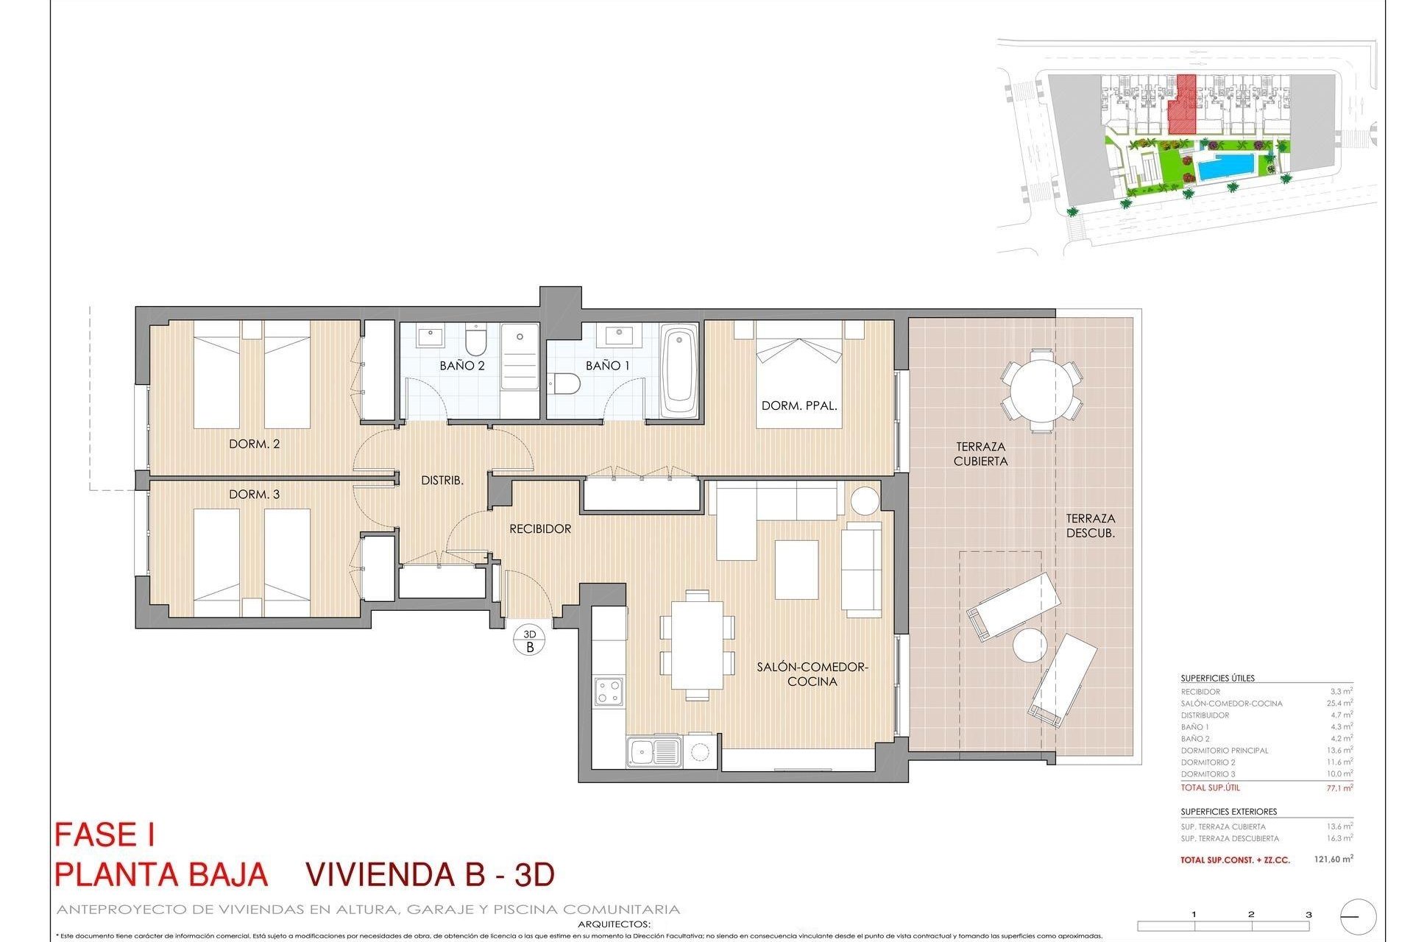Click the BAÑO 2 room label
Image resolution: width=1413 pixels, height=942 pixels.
click(x=462, y=366)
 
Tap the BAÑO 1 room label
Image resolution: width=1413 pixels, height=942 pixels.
click(x=607, y=366)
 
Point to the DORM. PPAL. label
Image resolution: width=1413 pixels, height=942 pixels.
click(x=799, y=406)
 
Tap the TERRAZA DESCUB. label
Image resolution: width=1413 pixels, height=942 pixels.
click(x=1091, y=525)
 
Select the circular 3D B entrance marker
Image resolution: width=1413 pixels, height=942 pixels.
click(x=530, y=641)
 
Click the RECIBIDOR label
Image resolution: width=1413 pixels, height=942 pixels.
click(x=540, y=529)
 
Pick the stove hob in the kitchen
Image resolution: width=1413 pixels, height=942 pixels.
click(x=609, y=692)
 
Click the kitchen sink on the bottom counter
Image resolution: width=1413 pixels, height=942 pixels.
click(x=654, y=752)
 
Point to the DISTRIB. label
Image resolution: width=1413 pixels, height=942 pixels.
click(x=442, y=481)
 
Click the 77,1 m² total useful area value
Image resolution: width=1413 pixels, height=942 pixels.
click(x=1339, y=788)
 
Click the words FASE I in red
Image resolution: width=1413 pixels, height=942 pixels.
click(x=105, y=835)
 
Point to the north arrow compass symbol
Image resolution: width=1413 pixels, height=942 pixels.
click(x=1359, y=917)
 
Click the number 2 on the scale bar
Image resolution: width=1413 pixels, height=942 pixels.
click(x=1251, y=915)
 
